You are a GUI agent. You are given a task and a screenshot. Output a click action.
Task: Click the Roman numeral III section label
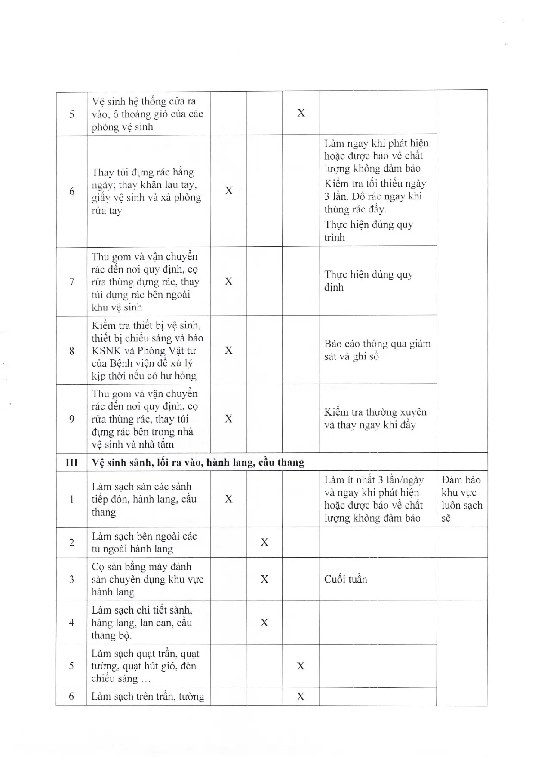[x=71, y=463]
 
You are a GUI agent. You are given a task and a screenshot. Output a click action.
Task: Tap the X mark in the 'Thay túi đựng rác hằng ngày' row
[x=229, y=190]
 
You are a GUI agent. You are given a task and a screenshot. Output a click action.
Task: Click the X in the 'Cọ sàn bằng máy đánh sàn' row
[x=264, y=579]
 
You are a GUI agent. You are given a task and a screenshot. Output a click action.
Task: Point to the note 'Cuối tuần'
[x=346, y=579]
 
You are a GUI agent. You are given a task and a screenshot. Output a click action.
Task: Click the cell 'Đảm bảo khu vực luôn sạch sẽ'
[x=461, y=499]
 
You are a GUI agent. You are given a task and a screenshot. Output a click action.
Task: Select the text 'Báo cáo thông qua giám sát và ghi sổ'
[x=377, y=350]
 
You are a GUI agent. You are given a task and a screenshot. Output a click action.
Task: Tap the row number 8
[x=71, y=351]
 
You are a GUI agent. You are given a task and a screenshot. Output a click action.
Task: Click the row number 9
[x=71, y=419]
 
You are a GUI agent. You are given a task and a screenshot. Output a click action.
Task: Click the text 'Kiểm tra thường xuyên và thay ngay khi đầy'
[x=375, y=418]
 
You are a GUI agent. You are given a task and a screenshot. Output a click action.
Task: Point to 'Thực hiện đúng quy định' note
[x=369, y=281]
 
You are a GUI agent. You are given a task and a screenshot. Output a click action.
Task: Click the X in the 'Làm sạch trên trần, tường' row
[x=301, y=696]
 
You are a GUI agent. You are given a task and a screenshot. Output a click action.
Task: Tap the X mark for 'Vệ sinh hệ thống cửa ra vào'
[x=301, y=113]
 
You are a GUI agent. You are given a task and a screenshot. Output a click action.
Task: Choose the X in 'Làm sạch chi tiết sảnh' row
[x=264, y=623]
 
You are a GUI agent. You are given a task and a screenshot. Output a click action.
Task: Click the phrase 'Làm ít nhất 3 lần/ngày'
[x=374, y=480]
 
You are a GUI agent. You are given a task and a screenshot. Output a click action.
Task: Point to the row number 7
[x=71, y=282]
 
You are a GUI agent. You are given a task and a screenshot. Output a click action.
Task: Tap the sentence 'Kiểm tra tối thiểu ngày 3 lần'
[x=375, y=190]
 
